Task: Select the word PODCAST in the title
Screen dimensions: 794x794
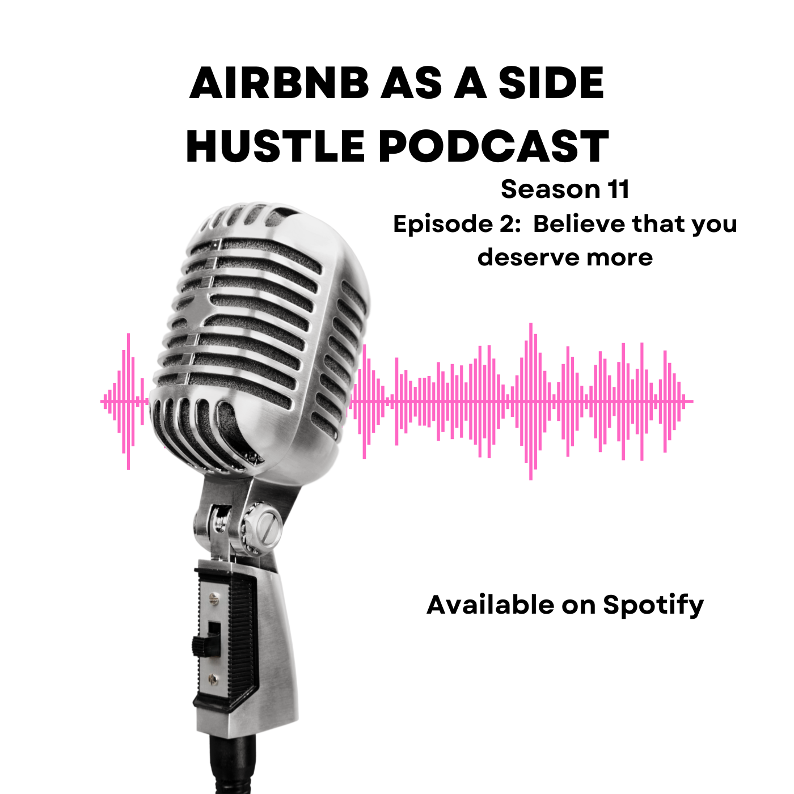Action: [493, 146]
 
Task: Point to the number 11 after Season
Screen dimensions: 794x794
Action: [618, 189]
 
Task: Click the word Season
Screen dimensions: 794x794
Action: [551, 189]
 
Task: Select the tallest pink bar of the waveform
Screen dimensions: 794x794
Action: [531, 402]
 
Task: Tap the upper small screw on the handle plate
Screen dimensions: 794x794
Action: [213, 597]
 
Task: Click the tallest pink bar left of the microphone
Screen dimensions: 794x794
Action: [129, 402]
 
